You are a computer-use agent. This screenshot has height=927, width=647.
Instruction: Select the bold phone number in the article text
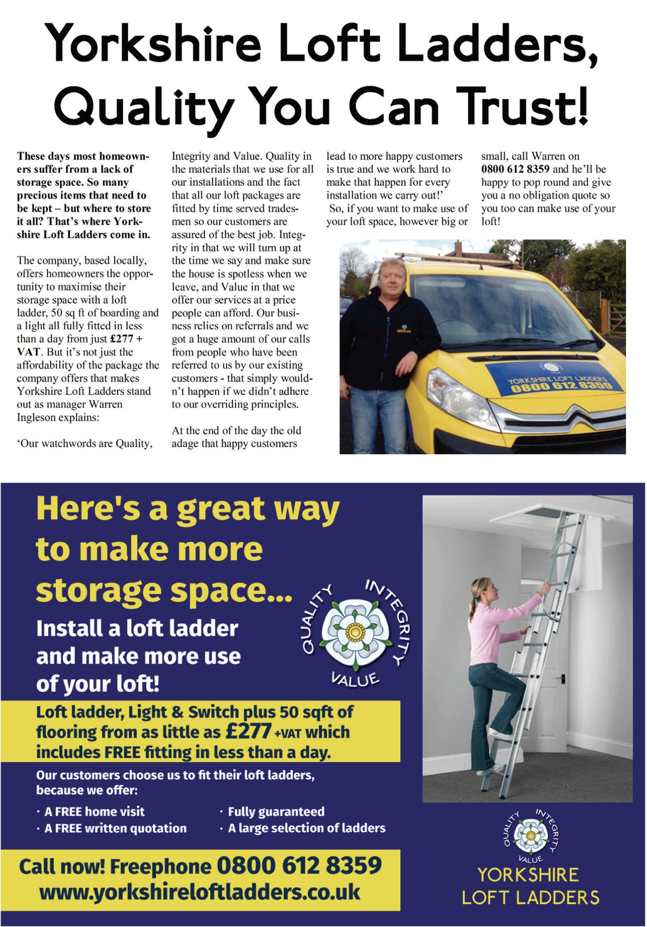pyautogui.click(x=515, y=169)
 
